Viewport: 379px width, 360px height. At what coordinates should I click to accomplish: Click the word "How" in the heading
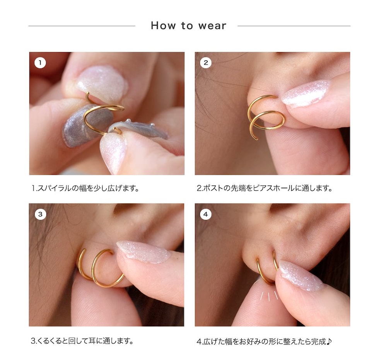pyautogui.click(x=163, y=26)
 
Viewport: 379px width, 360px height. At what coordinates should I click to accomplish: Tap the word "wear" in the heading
pyautogui.click(x=212, y=26)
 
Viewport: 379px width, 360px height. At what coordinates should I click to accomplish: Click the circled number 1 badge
pyautogui.click(x=40, y=63)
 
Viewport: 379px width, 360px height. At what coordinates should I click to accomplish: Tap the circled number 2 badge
pyautogui.click(x=206, y=63)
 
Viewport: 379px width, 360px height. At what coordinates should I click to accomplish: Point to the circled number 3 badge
pyautogui.click(x=40, y=214)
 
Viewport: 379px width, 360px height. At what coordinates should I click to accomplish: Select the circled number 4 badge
pyautogui.click(x=206, y=214)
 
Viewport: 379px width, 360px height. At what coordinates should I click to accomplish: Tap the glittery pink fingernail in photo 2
pyautogui.click(x=306, y=93)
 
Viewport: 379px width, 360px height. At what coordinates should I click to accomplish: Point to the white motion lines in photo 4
pyautogui.click(x=269, y=296)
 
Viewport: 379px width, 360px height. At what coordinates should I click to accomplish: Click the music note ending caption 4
pyautogui.click(x=329, y=341)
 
